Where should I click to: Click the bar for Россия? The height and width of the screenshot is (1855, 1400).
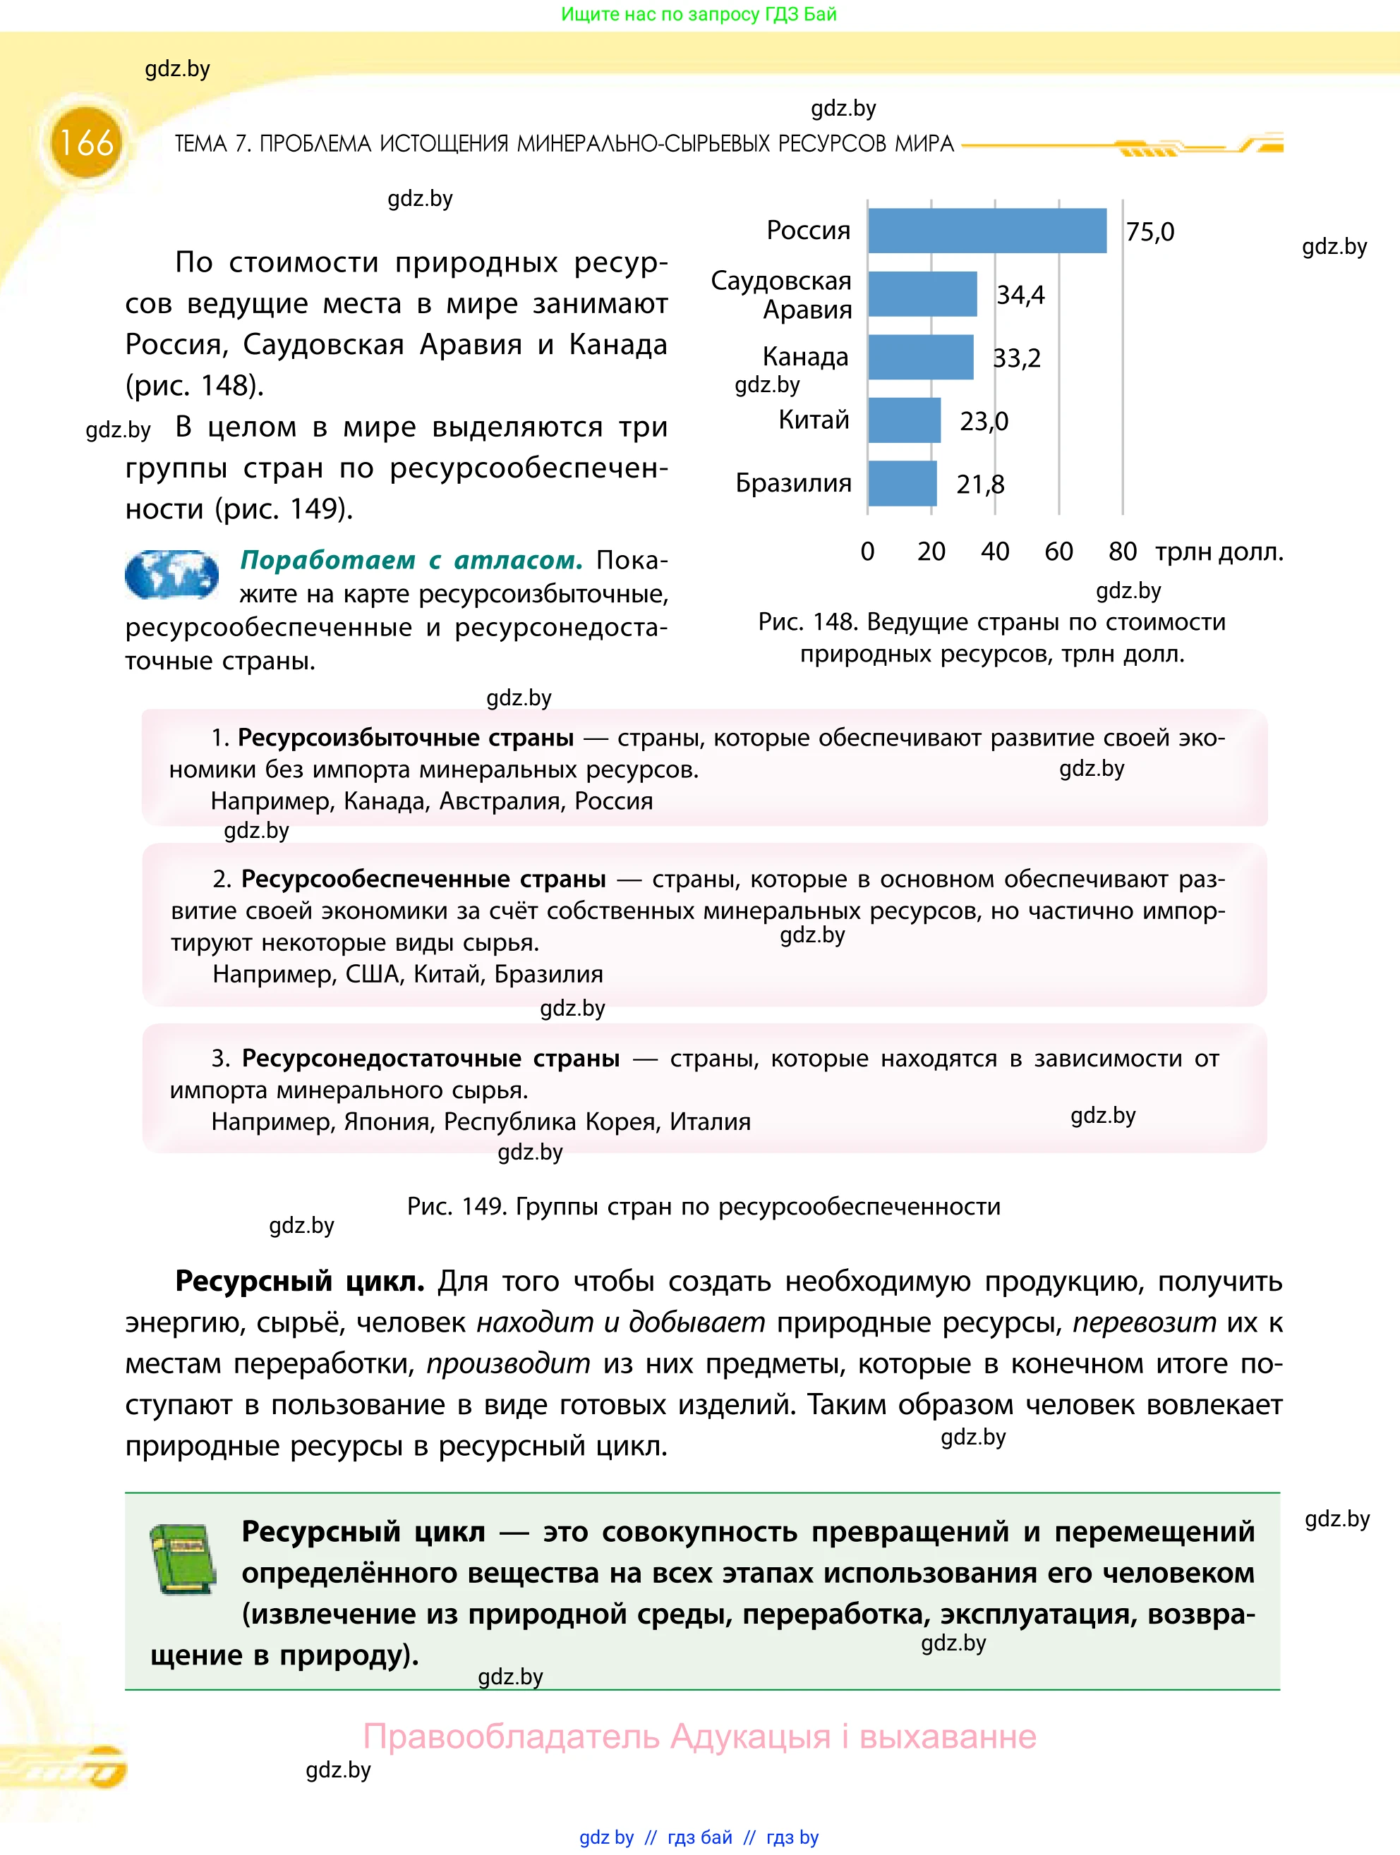tap(986, 231)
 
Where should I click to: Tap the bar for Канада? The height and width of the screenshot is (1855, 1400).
tap(920, 358)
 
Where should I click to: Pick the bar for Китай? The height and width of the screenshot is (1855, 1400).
tap(903, 420)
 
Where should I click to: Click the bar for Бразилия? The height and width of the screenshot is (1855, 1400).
tap(902, 483)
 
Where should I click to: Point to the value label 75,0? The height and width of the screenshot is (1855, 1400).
tap(1149, 231)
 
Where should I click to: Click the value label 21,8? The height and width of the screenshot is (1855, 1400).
tap(979, 485)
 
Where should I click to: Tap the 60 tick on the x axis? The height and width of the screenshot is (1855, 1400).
tap(1058, 552)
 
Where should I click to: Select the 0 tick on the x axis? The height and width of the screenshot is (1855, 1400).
tap(867, 552)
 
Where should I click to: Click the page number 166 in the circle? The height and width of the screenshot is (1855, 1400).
tap(86, 142)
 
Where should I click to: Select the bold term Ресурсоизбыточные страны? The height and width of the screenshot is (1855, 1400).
tap(406, 738)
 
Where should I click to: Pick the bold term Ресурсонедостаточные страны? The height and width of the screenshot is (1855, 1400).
tap(430, 1058)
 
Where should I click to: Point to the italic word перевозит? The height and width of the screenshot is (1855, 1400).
tap(1144, 1322)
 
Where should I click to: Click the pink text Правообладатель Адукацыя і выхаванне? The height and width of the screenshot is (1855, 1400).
tap(699, 1736)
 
